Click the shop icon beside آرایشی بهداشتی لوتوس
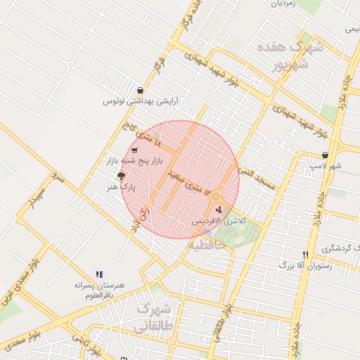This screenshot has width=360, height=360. [141, 90]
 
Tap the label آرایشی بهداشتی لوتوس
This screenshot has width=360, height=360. [141, 102]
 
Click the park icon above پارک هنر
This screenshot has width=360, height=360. [122, 176]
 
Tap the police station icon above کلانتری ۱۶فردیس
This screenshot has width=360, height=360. [219, 209]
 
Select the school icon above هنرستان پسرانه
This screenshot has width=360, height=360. [99, 274]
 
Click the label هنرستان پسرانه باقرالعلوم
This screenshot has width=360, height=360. [100, 291]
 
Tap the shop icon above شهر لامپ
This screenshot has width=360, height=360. [325, 155]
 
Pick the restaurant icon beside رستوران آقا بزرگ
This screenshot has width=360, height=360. [305, 255]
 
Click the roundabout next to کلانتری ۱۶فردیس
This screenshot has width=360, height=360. [216, 198]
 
